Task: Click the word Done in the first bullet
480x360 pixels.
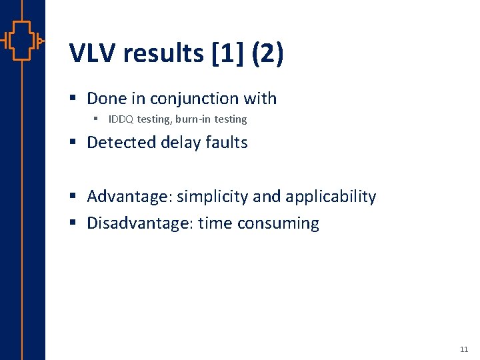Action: pyautogui.click(x=107, y=99)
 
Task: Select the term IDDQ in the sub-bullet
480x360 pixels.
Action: pyautogui.click(x=121, y=119)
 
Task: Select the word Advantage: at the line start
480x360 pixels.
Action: pyautogui.click(x=129, y=197)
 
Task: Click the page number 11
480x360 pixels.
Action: pyautogui.click(x=464, y=349)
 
